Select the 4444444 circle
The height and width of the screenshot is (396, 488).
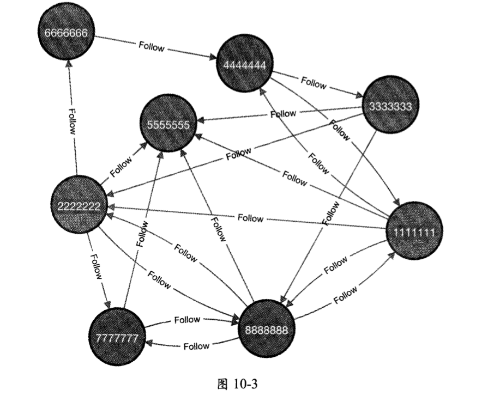244,65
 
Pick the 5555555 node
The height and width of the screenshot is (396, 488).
168,124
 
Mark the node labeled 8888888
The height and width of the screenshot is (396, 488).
267,329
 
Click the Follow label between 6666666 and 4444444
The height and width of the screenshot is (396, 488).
151,47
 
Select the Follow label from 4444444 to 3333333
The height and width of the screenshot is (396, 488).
314,84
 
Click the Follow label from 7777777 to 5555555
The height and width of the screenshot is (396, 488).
143,235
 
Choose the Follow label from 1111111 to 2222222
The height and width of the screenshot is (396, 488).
250,218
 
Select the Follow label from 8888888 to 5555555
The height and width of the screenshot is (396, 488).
218,229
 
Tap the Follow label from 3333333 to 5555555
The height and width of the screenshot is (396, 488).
283,114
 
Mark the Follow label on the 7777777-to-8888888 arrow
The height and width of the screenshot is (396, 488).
187,320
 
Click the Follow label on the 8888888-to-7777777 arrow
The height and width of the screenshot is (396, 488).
196,346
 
